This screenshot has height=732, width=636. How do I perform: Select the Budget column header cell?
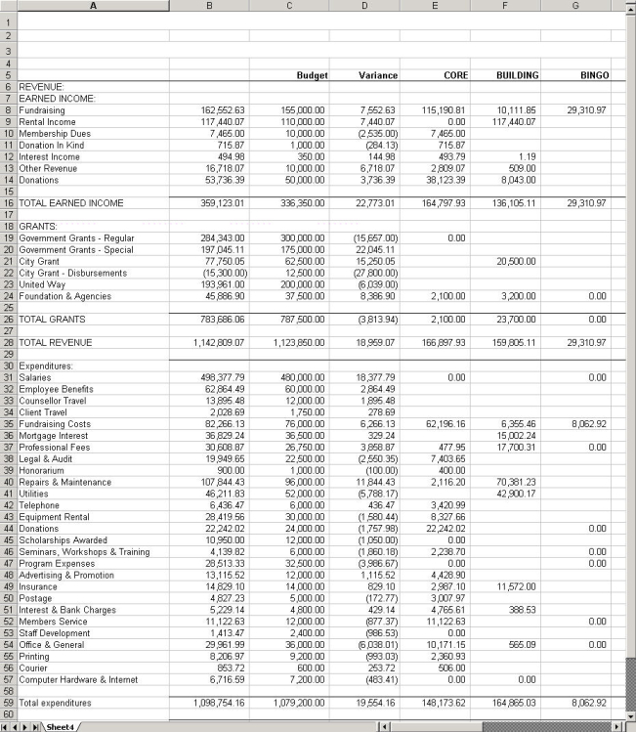pos(312,75)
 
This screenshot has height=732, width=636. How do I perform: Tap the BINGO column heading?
pos(594,75)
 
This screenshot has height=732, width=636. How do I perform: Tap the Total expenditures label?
pos(55,703)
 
